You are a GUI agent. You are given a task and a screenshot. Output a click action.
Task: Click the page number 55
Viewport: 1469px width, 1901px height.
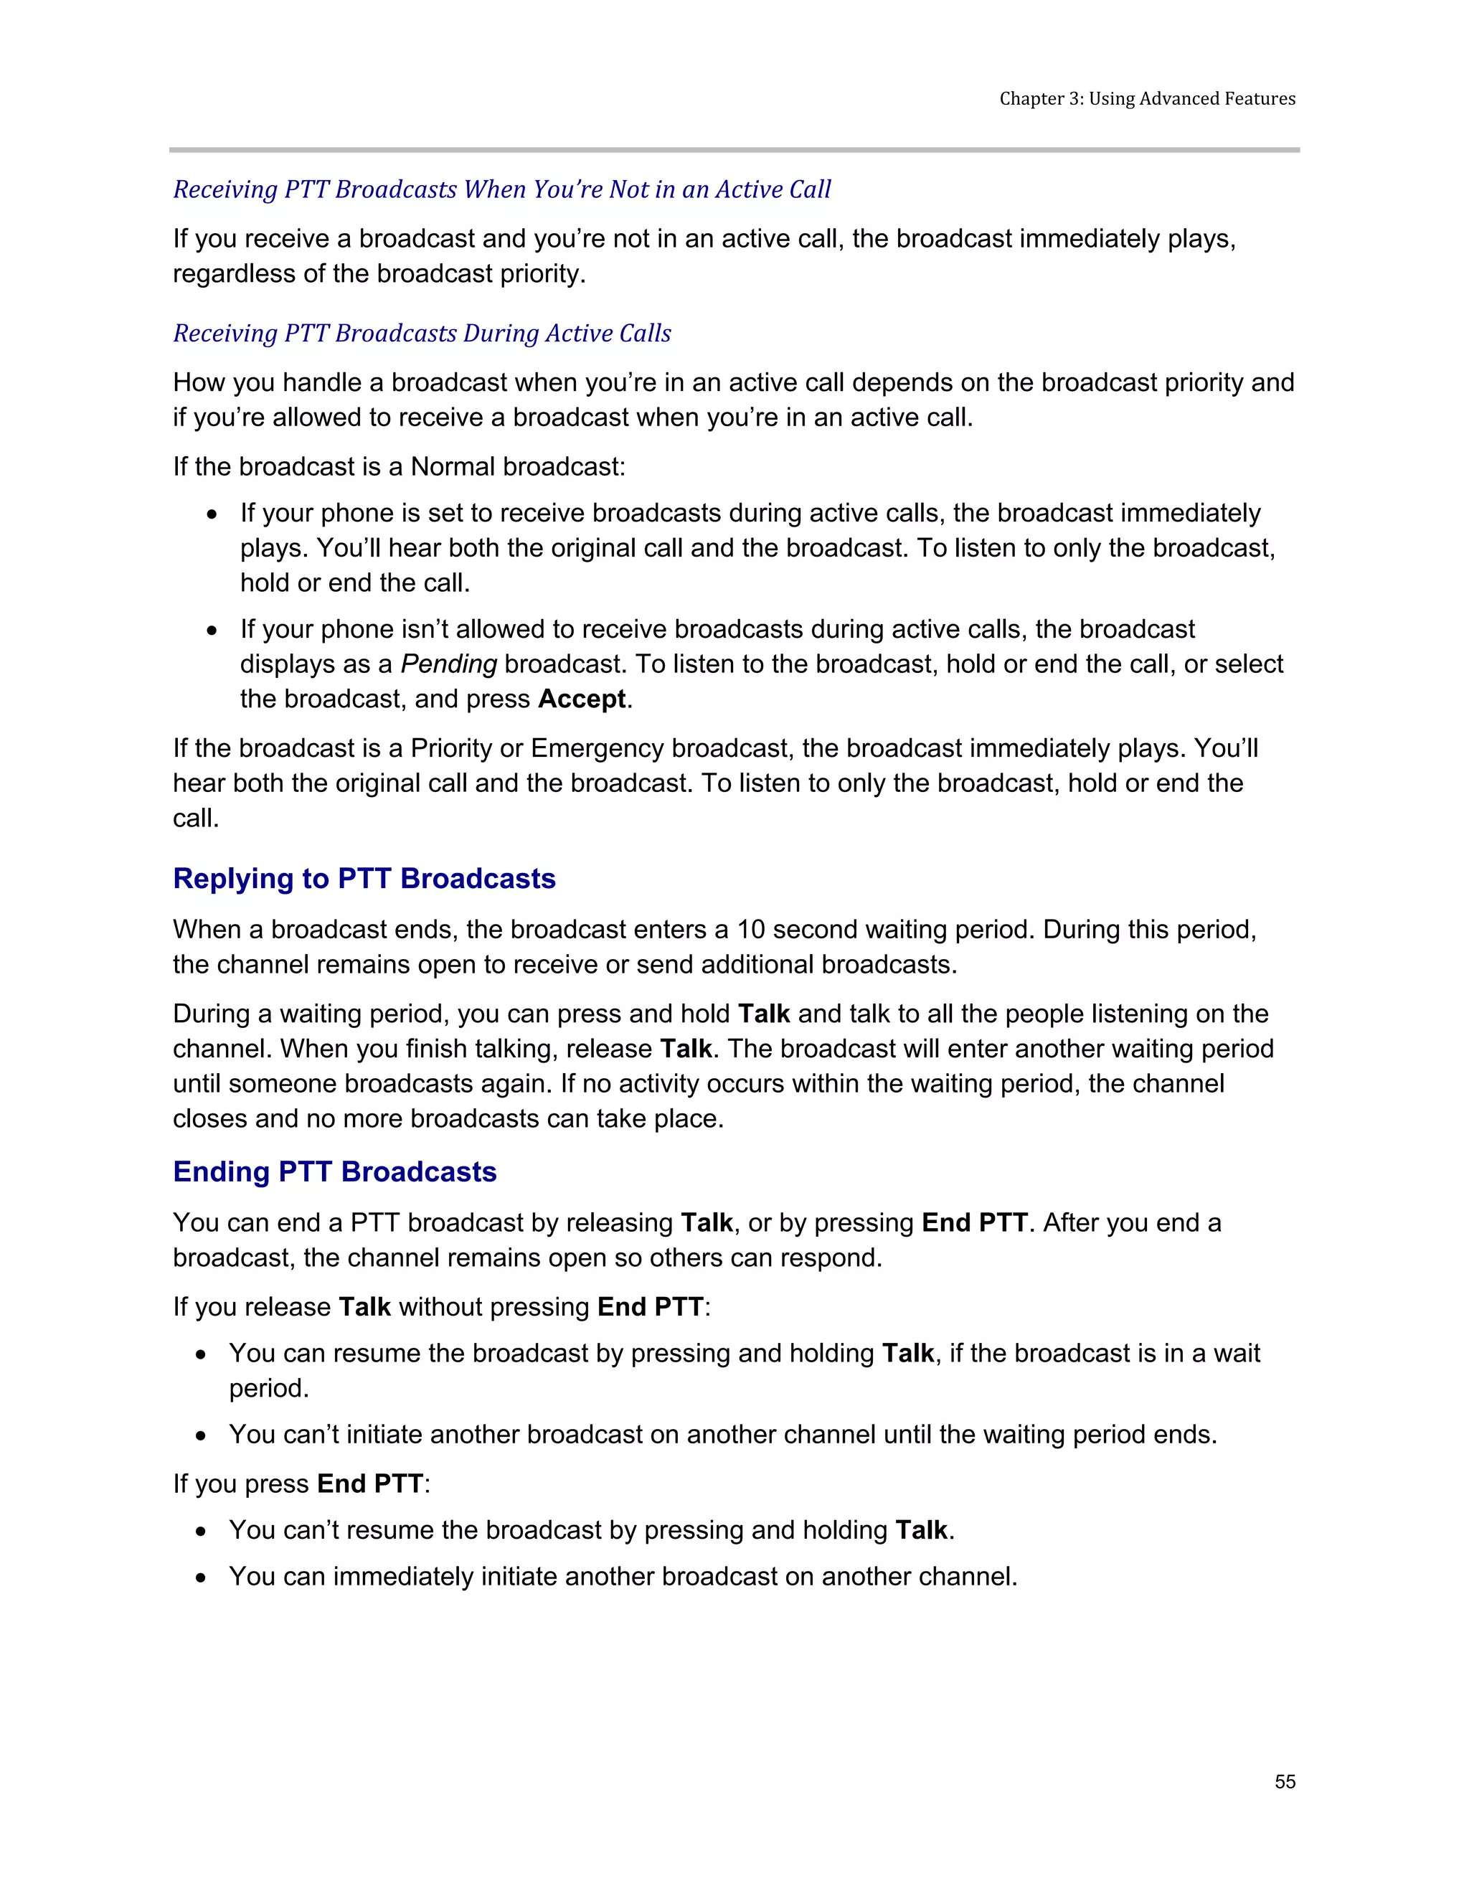[x=1285, y=1782]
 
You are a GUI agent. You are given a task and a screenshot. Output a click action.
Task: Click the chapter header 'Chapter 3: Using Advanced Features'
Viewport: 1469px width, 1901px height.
[x=1147, y=98]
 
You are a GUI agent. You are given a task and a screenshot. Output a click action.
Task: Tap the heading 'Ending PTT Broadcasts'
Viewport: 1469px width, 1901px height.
[x=334, y=1171]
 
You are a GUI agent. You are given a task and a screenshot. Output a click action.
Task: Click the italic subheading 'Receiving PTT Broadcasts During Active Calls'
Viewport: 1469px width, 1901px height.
[x=422, y=334]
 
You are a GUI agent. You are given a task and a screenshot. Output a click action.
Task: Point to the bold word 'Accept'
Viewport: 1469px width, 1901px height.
[x=581, y=699]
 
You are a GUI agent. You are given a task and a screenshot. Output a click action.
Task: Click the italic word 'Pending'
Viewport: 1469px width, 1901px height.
[x=448, y=664]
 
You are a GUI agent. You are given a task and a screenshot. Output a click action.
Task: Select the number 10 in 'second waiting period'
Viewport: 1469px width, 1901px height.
[x=751, y=930]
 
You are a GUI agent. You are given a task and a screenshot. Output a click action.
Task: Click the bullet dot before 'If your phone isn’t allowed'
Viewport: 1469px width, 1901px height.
[x=212, y=630]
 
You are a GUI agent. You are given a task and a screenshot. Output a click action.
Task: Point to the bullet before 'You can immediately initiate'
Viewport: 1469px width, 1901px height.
[x=201, y=1577]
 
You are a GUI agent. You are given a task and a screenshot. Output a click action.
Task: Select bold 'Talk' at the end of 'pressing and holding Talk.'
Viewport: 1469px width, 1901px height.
[x=921, y=1530]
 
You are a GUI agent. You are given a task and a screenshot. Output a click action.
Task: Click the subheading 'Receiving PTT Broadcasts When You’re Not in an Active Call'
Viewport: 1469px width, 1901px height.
[x=502, y=190]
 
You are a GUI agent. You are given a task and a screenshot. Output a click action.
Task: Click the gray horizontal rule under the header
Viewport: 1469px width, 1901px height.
[x=734, y=150]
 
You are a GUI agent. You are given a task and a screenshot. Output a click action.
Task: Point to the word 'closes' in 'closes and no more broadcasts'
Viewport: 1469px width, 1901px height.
[x=209, y=1118]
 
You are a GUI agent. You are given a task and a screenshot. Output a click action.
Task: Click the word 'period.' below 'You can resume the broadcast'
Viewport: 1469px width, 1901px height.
[x=269, y=1388]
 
